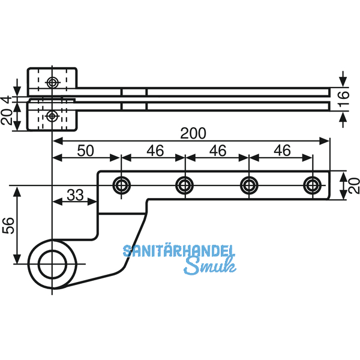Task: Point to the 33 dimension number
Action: (75, 194)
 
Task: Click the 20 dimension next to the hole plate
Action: (353, 184)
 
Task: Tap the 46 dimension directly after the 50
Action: (154, 150)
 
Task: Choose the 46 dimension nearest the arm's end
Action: (282, 150)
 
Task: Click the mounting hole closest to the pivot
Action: (121, 185)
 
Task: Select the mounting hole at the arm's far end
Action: (312, 185)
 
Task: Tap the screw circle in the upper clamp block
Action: (53, 81)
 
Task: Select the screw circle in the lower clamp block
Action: (53, 115)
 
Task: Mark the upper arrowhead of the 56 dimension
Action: (17, 191)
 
